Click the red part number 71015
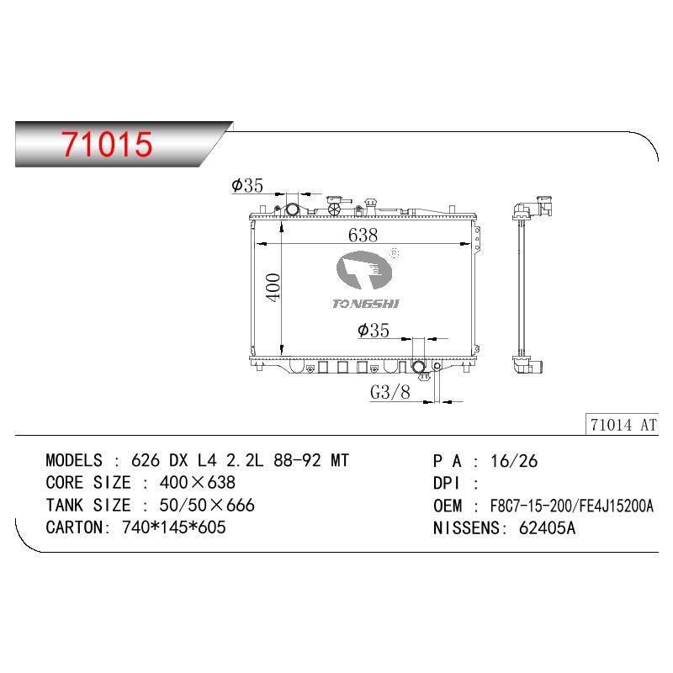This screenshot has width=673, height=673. tap(107, 144)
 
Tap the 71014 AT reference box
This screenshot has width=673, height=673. tap(622, 425)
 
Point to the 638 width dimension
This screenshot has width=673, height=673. tap(363, 235)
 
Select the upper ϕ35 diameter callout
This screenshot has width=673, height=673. tap(246, 185)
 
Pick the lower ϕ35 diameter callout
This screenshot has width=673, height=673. tap(373, 330)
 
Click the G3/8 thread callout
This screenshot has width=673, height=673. tap(390, 392)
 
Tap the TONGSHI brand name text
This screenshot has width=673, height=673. tap(366, 304)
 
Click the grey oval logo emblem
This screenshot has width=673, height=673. tap(364, 270)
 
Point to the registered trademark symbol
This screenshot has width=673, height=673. tap(394, 253)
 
